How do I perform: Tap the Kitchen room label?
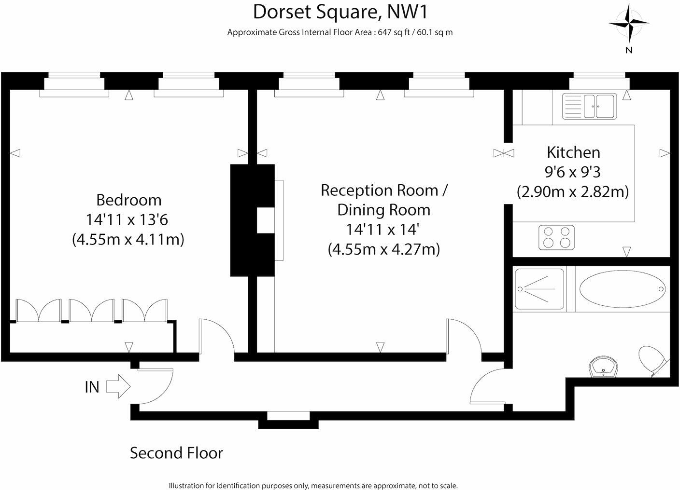(573, 152)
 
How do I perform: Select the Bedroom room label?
(128, 200)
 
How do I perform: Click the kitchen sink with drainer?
(589, 106)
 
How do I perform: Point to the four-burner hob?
(557, 237)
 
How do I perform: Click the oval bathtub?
(621, 289)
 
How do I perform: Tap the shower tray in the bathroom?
(539, 289)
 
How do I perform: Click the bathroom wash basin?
(603, 367)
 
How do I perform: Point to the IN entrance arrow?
(118, 386)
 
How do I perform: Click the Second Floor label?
(176, 453)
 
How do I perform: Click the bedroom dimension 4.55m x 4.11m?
(128, 239)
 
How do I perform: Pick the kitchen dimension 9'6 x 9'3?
(572, 172)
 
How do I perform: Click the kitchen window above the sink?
(599, 77)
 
